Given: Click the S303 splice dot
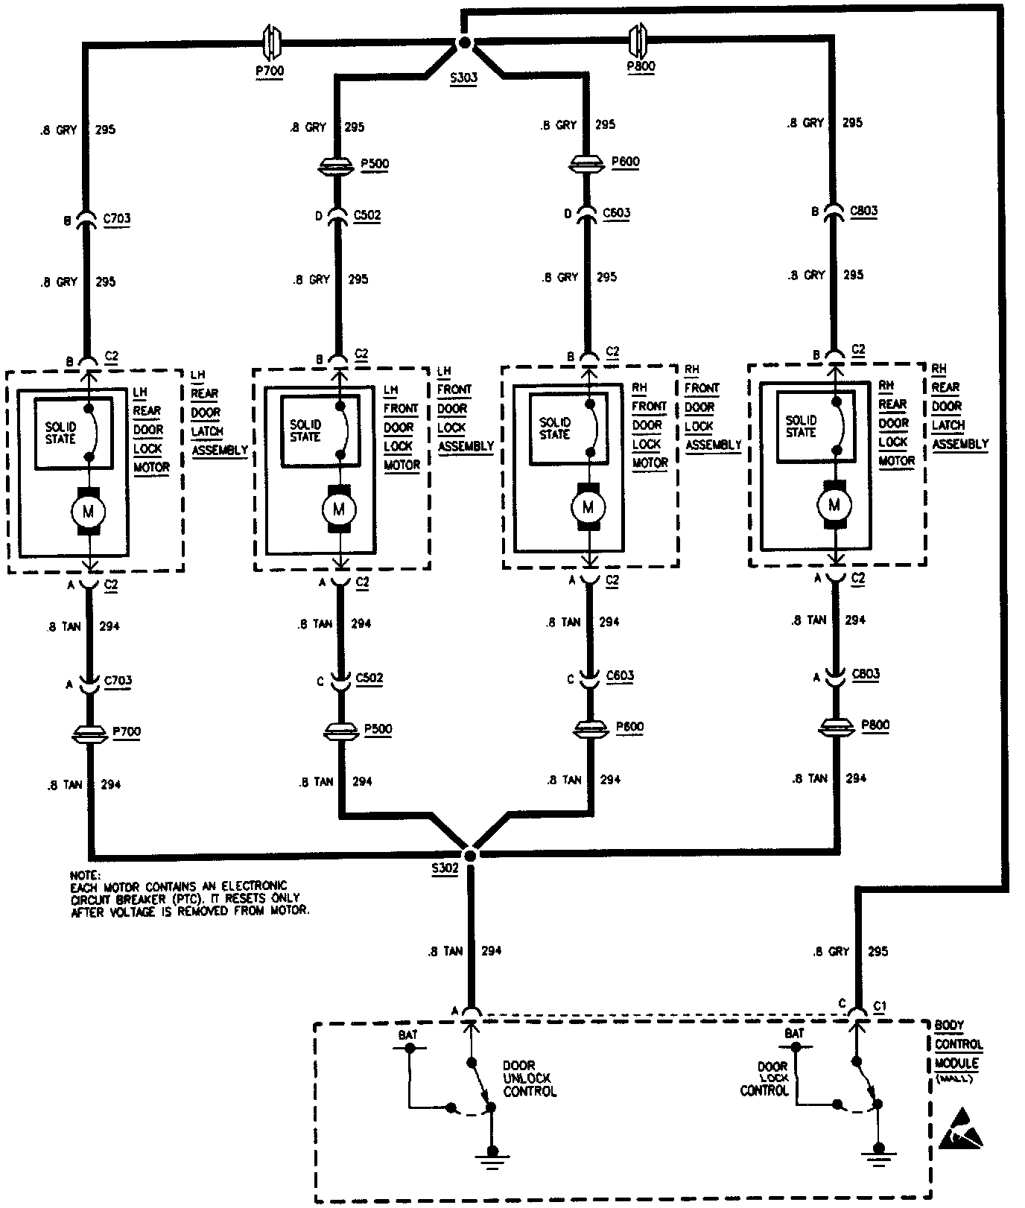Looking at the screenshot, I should point(464,44).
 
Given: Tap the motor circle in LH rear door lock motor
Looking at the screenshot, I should point(89,511).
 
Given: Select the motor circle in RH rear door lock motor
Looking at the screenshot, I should point(834,506).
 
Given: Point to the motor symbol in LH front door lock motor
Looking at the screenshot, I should point(340,509).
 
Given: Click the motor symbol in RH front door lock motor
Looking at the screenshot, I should point(588,508).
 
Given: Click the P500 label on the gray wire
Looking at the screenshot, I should point(375,164).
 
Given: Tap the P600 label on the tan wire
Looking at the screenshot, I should point(629,727).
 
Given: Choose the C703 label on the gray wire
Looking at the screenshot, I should point(116,219).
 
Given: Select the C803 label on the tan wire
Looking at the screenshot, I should point(865,674).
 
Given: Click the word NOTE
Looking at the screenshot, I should point(84,875).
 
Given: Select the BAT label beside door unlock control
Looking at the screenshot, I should point(407,1034).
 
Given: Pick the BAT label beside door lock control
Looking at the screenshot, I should point(794,1034).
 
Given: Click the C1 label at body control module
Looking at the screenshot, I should point(880,1005).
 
